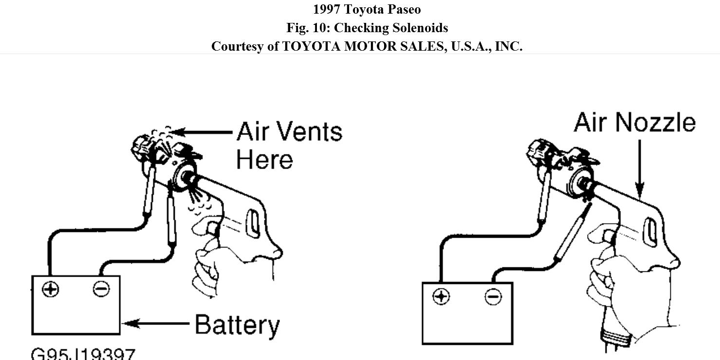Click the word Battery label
point(237,325)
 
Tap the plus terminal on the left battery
point(50,289)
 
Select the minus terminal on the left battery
point(101,289)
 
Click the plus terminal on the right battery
point(441,296)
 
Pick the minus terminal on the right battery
point(493,296)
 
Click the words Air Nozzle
point(634,122)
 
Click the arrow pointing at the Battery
point(156,323)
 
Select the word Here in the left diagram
point(264,159)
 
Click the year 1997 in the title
point(327,9)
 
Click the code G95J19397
point(83,354)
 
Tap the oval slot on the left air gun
point(253,223)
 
